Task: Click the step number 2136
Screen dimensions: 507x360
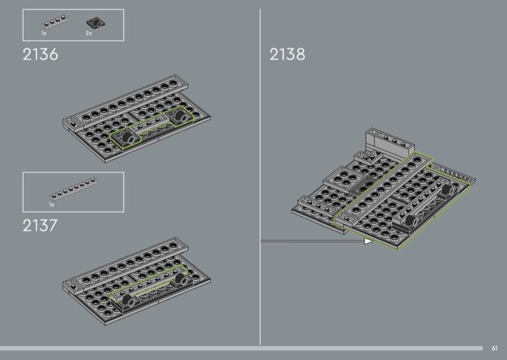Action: (41, 55)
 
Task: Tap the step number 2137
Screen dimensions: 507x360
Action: (40, 226)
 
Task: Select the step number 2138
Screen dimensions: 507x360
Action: (287, 54)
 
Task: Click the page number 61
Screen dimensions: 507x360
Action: (494, 348)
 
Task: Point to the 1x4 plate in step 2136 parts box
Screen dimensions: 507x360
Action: (55, 22)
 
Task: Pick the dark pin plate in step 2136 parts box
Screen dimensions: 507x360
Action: (96, 23)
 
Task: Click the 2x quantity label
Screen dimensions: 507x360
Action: (89, 34)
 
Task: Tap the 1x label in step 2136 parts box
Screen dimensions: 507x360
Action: (44, 34)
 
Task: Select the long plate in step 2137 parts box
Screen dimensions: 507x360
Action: (74, 189)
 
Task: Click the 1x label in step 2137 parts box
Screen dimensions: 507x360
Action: (52, 205)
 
